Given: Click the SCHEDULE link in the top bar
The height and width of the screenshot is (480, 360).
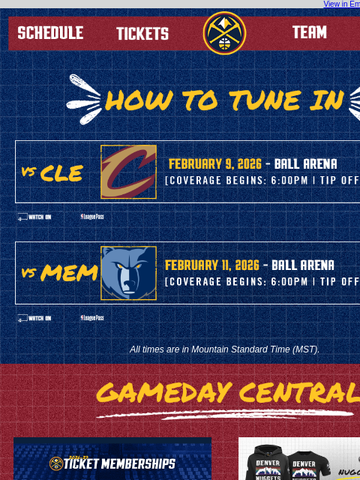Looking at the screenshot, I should pyautogui.click(x=50, y=33).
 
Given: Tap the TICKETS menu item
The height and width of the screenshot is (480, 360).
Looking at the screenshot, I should pyautogui.click(x=142, y=34).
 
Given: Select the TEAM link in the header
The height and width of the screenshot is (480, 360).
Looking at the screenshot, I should pyautogui.click(x=309, y=33).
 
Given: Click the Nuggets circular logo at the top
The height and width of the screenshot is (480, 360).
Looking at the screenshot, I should pyautogui.click(x=224, y=33).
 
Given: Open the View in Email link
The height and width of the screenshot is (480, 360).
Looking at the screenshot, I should pyautogui.click(x=341, y=4).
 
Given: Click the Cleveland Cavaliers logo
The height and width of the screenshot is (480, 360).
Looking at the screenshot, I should pyautogui.click(x=129, y=172).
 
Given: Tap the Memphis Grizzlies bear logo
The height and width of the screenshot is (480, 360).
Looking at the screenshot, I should pyautogui.click(x=129, y=273).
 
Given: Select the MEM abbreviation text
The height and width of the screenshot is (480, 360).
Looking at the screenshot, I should pyautogui.click(x=70, y=273).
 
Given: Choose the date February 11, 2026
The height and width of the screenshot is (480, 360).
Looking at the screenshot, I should pyautogui.click(x=212, y=265).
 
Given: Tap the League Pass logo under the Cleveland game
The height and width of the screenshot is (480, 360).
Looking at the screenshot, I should pyautogui.click(x=92, y=217).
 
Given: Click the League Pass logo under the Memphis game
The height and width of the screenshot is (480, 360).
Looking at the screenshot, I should pyautogui.click(x=92, y=318).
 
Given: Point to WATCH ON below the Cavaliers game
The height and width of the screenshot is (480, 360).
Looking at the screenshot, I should pyautogui.click(x=34, y=217).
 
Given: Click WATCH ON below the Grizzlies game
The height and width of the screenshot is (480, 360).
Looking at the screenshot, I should pyautogui.click(x=34, y=318).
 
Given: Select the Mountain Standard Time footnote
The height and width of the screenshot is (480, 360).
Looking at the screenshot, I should pyautogui.click(x=224, y=349).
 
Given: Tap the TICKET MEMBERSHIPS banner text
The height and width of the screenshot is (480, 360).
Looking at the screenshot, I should pyautogui.click(x=119, y=464).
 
